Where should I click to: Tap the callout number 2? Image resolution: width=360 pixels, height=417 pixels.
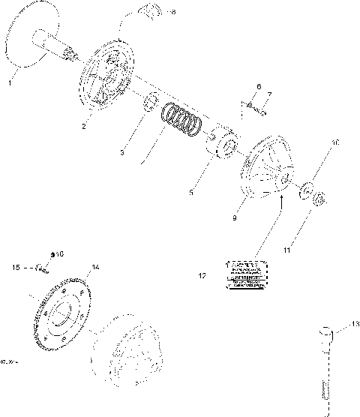85,126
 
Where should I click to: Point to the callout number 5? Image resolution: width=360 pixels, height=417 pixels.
191,193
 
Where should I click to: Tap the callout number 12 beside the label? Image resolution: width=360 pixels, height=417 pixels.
202,276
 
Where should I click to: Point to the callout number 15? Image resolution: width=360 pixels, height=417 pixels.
15,267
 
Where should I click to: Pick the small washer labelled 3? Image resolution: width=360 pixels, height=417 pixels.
149,101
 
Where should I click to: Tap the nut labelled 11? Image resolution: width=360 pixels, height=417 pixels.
317,199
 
